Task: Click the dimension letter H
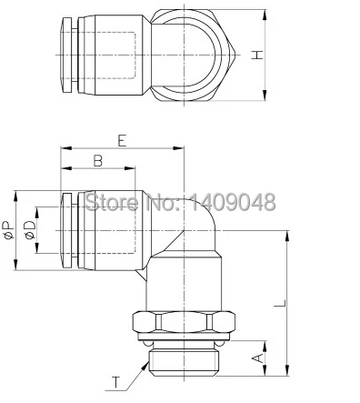[257, 55]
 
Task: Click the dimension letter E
[122, 141]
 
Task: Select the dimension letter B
[97, 161]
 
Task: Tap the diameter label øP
[8, 230]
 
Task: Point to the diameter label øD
[30, 230]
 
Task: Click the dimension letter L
[280, 303]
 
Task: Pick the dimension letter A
[258, 358]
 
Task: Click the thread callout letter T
[115, 382]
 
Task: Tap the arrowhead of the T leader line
[145, 366]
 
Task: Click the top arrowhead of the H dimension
[265, 15]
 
